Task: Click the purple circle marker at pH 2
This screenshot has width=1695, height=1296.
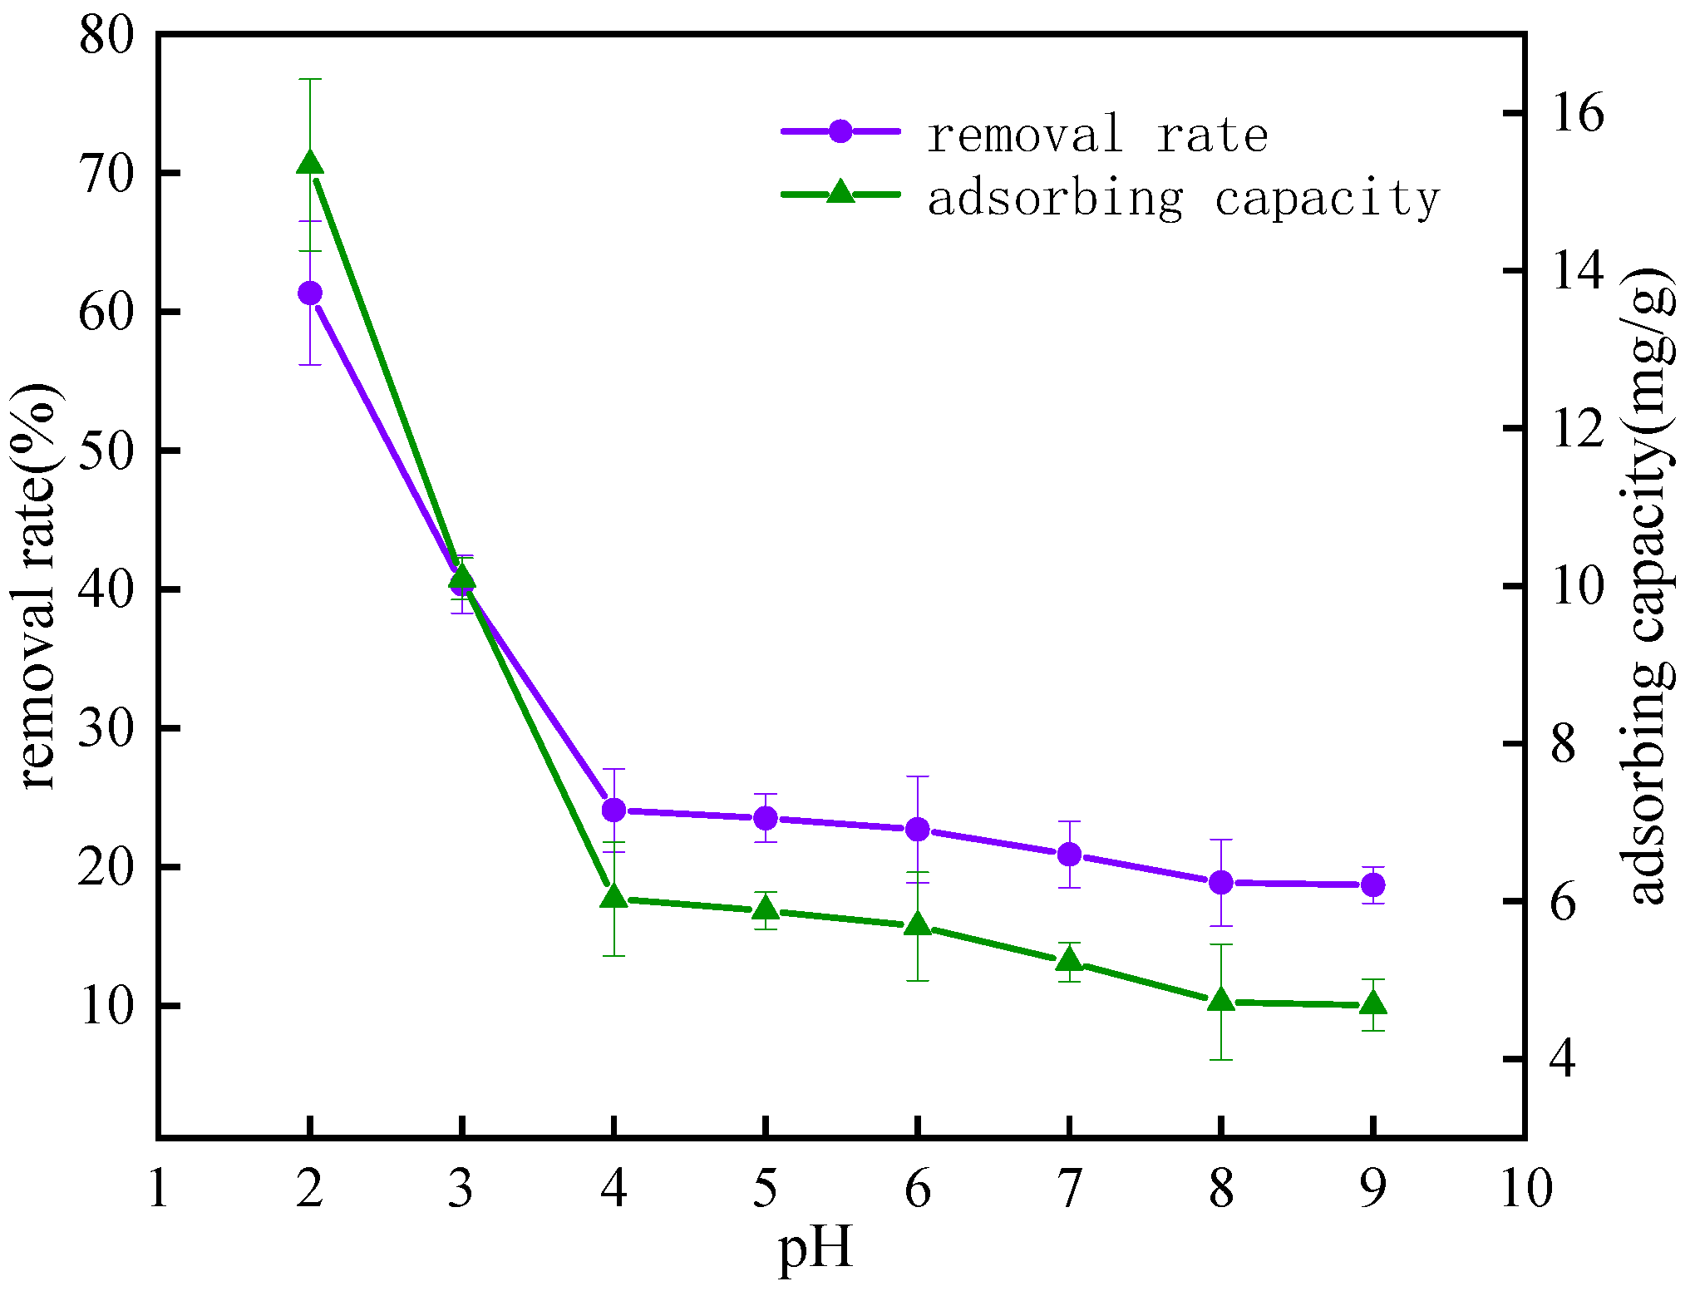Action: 310,293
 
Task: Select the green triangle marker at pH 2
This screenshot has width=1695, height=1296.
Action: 310,163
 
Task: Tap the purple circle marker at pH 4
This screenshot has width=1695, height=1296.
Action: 613,809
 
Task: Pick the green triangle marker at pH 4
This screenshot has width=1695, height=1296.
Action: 613,897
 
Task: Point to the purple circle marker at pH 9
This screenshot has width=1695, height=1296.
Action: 1373,885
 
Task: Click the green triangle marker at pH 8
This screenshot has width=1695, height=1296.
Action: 1221,1001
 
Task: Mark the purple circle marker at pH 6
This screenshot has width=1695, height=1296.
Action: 918,829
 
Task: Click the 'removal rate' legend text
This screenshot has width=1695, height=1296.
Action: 1097,135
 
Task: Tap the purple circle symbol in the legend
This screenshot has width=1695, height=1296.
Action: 840,131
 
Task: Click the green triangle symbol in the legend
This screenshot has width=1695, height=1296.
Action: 840,193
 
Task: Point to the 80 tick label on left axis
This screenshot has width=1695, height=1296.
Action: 106,37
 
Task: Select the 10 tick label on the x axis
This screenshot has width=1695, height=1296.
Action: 1526,1189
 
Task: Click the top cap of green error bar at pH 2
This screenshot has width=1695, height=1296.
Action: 310,79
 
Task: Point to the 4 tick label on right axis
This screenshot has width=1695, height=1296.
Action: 1563,1060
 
